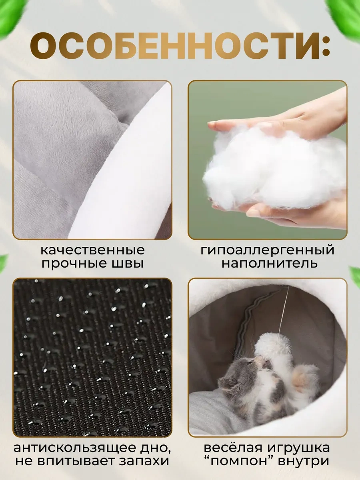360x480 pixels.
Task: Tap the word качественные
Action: [x=92, y=250]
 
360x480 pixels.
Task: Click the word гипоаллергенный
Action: [x=267, y=250]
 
